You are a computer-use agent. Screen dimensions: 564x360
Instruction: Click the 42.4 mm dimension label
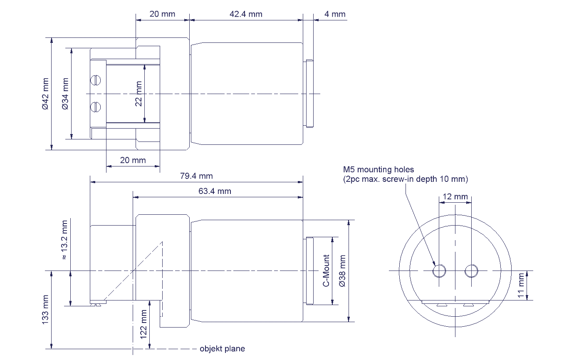coord(246,14)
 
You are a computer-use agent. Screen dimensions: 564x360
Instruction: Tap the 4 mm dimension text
coord(335,14)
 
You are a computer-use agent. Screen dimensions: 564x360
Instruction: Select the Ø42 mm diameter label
coord(46,94)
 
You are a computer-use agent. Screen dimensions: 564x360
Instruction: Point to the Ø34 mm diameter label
coord(65,94)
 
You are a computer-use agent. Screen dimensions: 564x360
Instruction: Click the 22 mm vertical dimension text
coord(139,94)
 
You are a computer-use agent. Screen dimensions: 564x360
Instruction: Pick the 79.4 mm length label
coord(196,176)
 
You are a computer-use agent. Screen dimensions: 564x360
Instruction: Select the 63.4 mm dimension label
coord(215,191)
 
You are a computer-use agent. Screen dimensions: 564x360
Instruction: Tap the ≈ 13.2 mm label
coord(64,240)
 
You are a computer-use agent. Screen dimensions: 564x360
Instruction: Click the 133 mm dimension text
coord(45,309)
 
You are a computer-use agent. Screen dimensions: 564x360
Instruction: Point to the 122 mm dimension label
coord(143,325)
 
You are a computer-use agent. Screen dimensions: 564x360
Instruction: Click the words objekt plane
coord(223,349)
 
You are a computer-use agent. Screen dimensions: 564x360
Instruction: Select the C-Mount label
coord(326,271)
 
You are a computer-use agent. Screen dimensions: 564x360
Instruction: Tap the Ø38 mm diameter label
coord(343,271)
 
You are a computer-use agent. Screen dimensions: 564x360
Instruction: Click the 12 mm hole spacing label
coord(455,196)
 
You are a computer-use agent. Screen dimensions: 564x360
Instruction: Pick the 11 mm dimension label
coord(521,286)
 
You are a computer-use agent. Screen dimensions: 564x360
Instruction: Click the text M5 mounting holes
coord(378,169)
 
